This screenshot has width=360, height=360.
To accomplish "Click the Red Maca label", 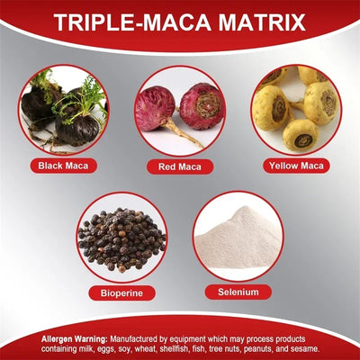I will [x=179, y=166].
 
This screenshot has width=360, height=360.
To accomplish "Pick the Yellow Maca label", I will [x=295, y=166].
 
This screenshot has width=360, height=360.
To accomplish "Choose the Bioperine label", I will [x=121, y=292].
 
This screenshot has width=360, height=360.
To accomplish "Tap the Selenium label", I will [x=238, y=292].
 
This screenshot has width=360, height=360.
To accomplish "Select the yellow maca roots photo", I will [x=295, y=110].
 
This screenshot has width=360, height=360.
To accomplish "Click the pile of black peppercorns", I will [x=121, y=238].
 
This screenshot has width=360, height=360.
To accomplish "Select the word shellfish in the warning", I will [x=176, y=347].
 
